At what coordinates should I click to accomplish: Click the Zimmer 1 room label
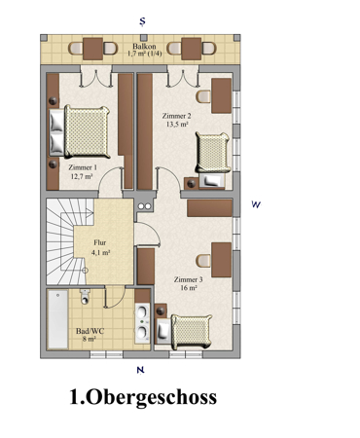point(83,167)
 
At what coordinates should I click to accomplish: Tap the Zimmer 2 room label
point(176,116)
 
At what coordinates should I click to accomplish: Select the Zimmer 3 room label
point(188,279)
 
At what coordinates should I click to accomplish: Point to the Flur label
point(100,242)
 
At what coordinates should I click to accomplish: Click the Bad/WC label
point(90,331)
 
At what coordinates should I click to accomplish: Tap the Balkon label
point(144,46)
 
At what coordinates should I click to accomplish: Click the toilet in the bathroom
point(85,297)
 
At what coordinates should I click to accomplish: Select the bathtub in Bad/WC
point(57,319)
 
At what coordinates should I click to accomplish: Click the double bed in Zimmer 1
point(80,131)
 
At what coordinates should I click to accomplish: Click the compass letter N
point(140,370)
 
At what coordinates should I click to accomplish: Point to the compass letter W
point(256,204)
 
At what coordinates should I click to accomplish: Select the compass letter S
point(142,21)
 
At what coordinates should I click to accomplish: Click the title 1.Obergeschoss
point(143,397)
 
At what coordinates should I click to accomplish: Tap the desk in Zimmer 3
point(222,260)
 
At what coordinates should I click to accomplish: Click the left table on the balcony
point(92,49)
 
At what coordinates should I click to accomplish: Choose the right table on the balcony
point(192,49)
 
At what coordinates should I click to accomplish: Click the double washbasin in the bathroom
point(143,323)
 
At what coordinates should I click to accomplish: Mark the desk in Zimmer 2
point(222,95)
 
